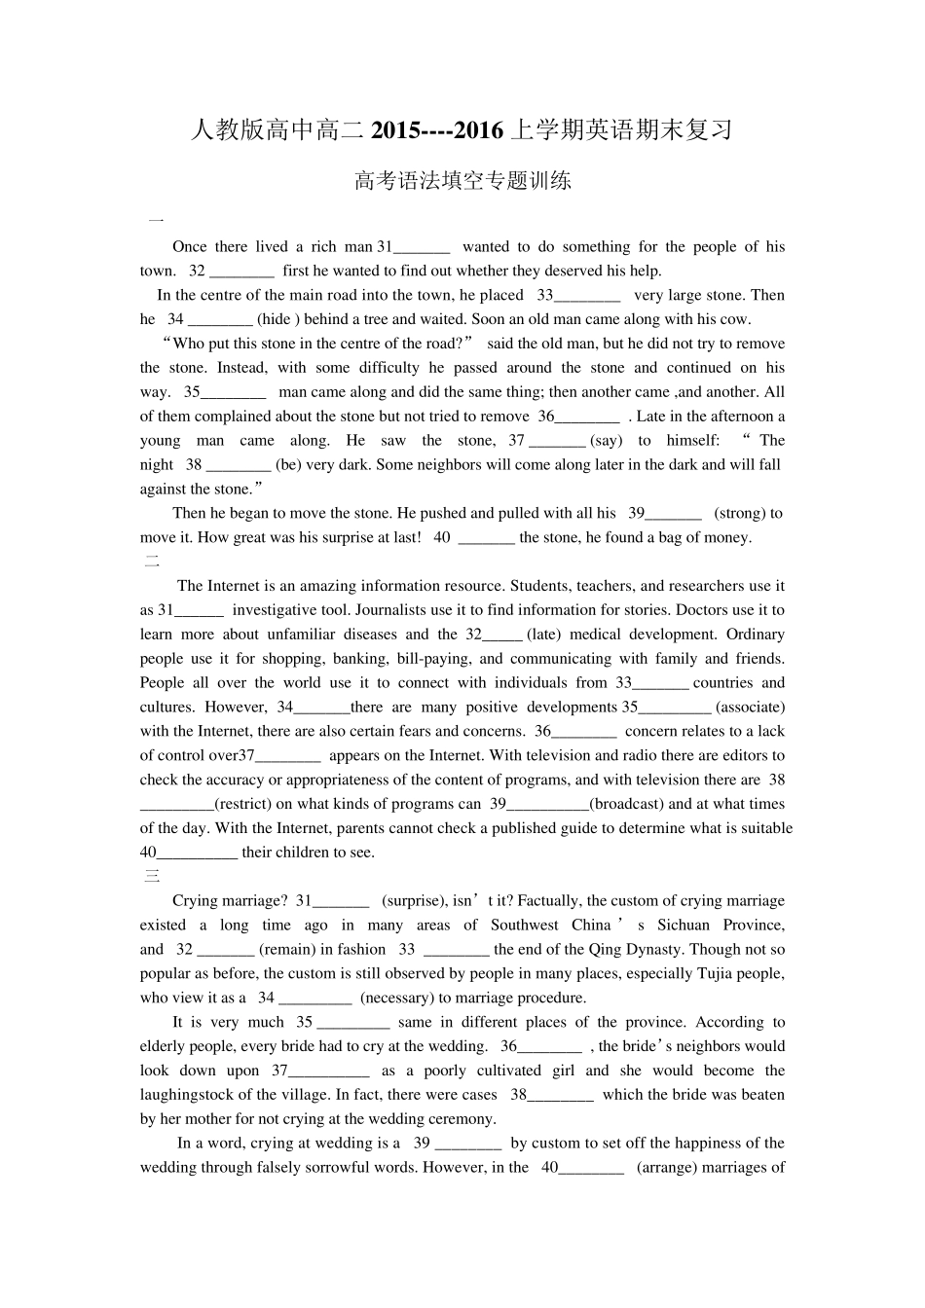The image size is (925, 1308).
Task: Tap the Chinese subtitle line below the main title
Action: click(462, 180)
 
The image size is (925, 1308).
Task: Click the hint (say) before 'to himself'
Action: click(607, 441)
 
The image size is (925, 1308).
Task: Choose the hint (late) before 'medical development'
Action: click(543, 635)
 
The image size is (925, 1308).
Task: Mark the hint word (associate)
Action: click(750, 708)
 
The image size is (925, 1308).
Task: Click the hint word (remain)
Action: click(287, 950)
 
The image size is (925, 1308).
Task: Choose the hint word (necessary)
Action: click(397, 998)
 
